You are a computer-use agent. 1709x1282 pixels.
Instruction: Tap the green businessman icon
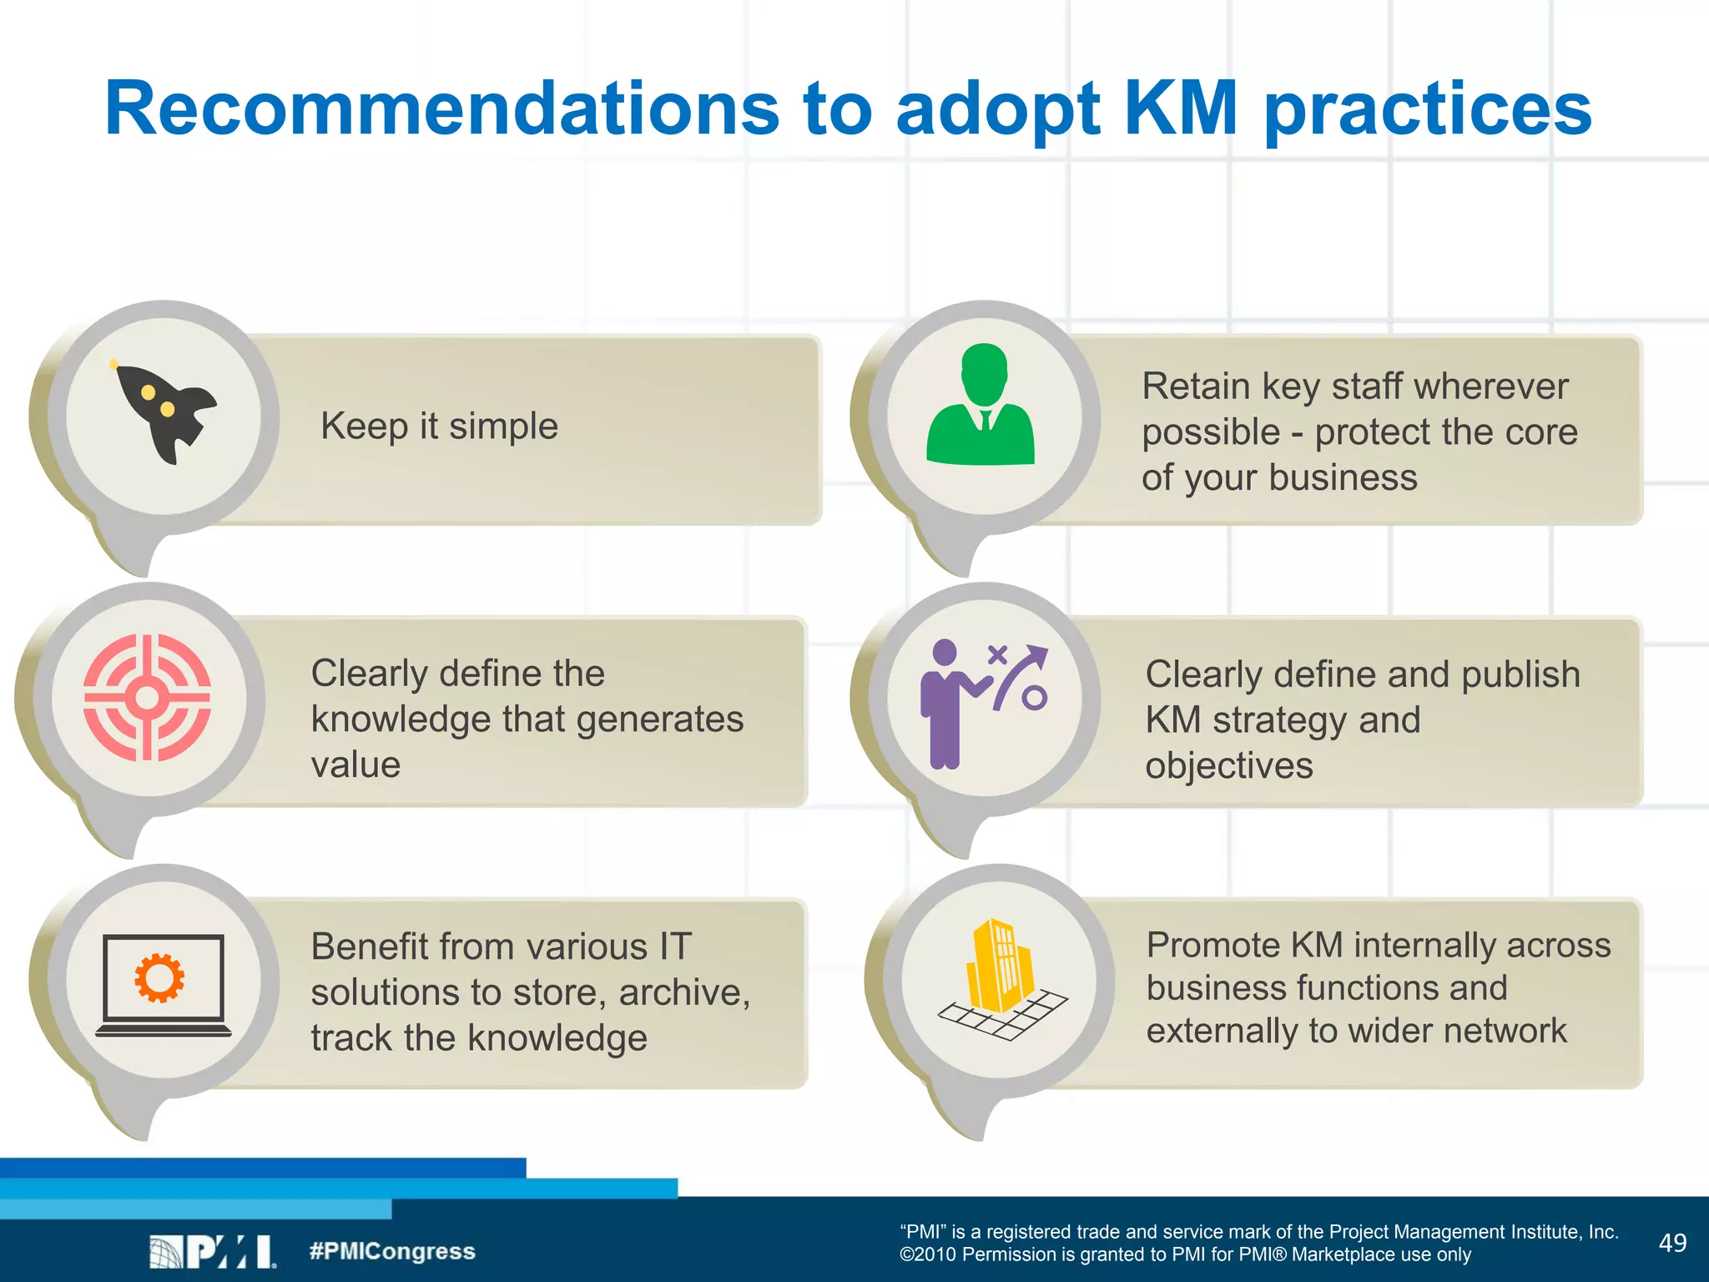click(x=981, y=406)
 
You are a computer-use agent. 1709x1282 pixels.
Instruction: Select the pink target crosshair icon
click(x=147, y=698)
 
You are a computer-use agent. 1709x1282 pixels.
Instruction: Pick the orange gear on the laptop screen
click(x=159, y=977)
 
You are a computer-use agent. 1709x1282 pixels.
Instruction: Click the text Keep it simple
click(x=439, y=426)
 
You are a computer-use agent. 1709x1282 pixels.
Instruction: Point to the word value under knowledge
click(x=355, y=765)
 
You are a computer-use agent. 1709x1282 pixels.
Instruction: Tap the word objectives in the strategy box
click(x=1228, y=766)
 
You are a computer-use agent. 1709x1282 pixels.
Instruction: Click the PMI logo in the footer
click(x=213, y=1251)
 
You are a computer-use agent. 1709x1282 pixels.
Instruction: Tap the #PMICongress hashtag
click(x=392, y=1251)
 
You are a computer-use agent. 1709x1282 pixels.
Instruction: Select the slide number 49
click(x=1672, y=1243)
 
